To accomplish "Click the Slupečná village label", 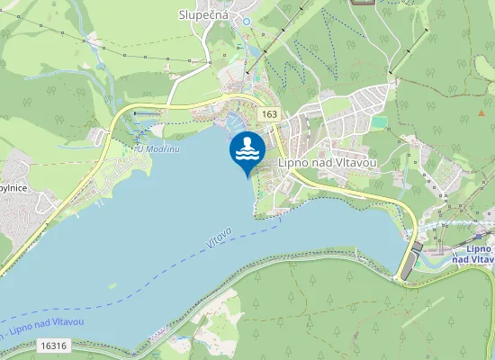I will (x=203, y=15).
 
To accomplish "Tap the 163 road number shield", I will (x=269, y=114).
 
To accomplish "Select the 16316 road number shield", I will (x=54, y=346).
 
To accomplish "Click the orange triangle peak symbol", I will (x=480, y=113).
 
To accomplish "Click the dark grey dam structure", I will (x=407, y=262).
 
